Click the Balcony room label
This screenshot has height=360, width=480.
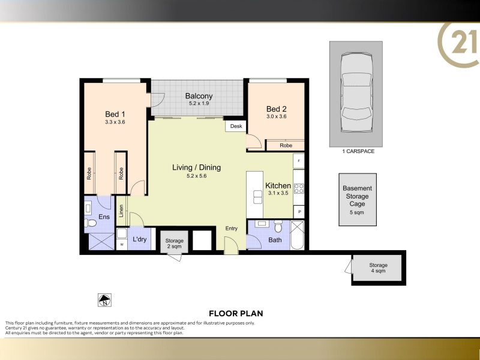pyautogui.click(x=199, y=96)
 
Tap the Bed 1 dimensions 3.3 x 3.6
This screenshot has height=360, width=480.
pyautogui.click(x=115, y=122)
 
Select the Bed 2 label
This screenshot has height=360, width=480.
pyautogui.click(x=277, y=109)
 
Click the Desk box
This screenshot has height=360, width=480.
pyautogui.click(x=236, y=126)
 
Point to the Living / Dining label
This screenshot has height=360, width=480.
pyautogui.click(x=197, y=167)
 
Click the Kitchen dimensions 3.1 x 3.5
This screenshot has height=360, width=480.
pyautogui.click(x=278, y=193)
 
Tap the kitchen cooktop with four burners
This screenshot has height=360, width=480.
pyautogui.click(x=299, y=188)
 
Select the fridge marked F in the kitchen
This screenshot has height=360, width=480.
pyautogui.click(x=299, y=161)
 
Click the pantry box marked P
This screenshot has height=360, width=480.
pyautogui.click(x=299, y=212)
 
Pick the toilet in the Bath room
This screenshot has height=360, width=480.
pyautogui.click(x=278, y=226)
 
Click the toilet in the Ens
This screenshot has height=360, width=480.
pyautogui.click(x=91, y=223)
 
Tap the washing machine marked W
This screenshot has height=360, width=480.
pyautogui.click(x=122, y=244)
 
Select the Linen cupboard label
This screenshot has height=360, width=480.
pyautogui.click(x=121, y=211)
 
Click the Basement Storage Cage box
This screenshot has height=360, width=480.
pyautogui.click(x=358, y=200)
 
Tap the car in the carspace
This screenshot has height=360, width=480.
pyautogui.click(x=357, y=92)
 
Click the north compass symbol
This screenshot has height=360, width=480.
pyautogui.click(x=104, y=300)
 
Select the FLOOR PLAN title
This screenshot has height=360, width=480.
pyautogui.click(x=236, y=313)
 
